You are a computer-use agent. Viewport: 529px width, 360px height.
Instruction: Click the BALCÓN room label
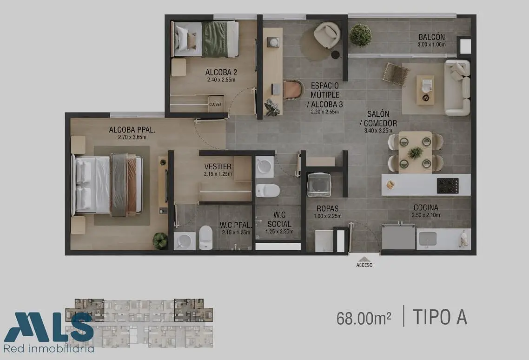[x=431, y=37]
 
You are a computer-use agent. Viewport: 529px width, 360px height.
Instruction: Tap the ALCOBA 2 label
[x=221, y=72]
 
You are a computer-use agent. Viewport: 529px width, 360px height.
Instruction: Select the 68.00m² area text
[x=364, y=318]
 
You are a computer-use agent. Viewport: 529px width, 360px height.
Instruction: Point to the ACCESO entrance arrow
[x=364, y=260]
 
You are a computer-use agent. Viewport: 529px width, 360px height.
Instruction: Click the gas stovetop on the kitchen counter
[x=448, y=186]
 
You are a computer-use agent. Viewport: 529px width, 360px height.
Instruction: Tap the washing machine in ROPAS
[x=319, y=185]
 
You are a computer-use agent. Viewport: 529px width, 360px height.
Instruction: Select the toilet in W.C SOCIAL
[x=268, y=191]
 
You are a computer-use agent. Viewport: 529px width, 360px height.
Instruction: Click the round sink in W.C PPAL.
[x=185, y=241]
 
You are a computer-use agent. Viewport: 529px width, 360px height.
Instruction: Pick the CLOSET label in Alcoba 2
[x=215, y=104]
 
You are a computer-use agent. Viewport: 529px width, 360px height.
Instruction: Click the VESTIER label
[x=218, y=167]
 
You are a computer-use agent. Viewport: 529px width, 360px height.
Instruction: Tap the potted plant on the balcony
[x=361, y=35]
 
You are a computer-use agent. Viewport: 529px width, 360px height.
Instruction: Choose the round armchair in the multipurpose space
[x=327, y=35]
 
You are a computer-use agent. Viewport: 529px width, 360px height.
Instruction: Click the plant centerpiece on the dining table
[x=415, y=153]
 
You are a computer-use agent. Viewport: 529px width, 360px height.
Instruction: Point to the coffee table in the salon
[x=425, y=90]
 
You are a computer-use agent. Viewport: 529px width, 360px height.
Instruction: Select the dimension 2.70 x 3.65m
[x=132, y=137]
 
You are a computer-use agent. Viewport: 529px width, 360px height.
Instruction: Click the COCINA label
[x=426, y=207]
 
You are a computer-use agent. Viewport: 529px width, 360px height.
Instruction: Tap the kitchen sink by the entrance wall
[x=428, y=239]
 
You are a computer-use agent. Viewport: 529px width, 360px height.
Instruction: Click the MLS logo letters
[x=49, y=327]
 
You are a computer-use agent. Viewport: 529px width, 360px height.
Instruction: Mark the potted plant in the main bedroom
[x=160, y=240]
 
